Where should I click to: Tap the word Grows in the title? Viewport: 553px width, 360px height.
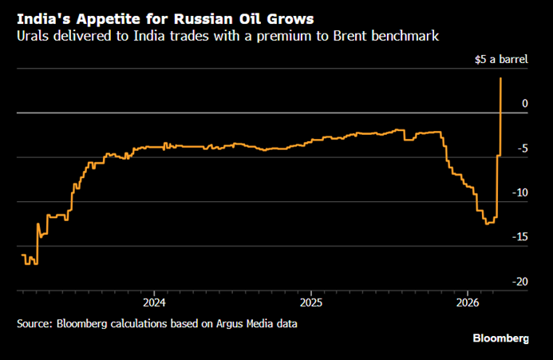coord(290,16)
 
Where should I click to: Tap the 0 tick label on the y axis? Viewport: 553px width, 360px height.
coord(524,103)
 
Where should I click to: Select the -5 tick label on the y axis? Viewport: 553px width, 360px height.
coord(522,148)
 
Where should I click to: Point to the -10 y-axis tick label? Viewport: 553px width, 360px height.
coord(519,192)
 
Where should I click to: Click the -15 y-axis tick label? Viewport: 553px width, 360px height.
coord(519,237)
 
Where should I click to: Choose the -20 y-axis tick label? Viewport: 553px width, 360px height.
coord(519,282)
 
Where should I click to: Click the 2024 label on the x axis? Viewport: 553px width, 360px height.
coord(153,303)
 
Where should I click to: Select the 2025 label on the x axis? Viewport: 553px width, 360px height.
coord(310,303)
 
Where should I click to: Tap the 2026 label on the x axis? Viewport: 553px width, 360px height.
coord(468,303)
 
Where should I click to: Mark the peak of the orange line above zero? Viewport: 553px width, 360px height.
coord(500,77)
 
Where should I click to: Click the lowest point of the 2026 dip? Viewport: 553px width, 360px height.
coord(488,224)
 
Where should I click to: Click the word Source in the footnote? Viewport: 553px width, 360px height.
coord(35,323)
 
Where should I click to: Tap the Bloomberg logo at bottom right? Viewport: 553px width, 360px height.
coord(501,339)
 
